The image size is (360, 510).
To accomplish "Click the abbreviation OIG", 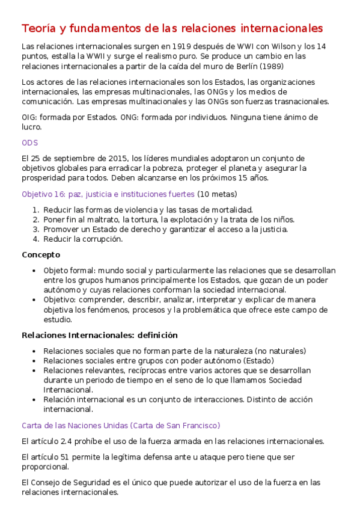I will click(29, 117).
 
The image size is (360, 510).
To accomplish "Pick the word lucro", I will click(31, 127).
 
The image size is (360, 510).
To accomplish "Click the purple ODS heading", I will click(29, 143).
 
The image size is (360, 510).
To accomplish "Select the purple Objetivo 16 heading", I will click(108, 194).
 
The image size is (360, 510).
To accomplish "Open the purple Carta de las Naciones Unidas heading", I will click(121, 425).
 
